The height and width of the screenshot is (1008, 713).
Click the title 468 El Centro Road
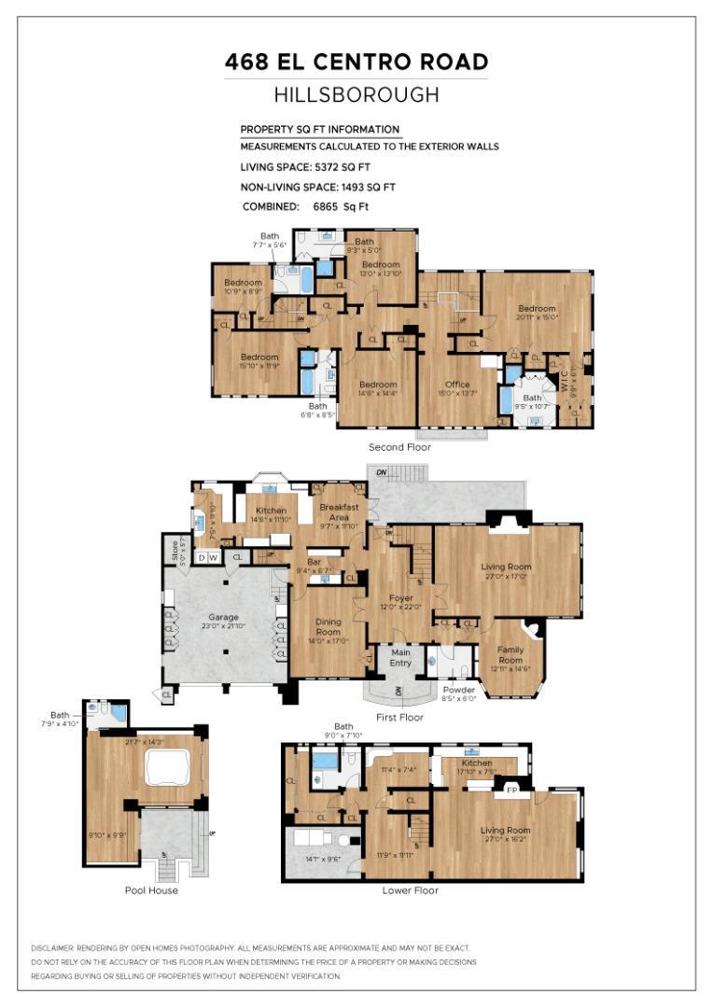356,63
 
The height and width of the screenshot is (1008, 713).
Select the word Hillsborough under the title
356,94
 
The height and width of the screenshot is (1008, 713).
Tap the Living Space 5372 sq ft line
305,167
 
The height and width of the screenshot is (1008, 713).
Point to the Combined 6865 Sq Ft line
305,206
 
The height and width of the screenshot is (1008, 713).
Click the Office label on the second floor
457,385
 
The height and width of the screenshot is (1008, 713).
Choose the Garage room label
223,616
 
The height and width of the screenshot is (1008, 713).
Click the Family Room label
510,654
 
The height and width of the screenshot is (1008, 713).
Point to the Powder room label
457,691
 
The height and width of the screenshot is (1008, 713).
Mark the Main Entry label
400,658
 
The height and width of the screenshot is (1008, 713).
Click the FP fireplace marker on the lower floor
511,790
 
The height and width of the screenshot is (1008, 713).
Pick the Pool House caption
151,889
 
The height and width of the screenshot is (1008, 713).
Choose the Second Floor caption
399,447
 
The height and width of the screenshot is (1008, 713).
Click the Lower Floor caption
410,889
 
